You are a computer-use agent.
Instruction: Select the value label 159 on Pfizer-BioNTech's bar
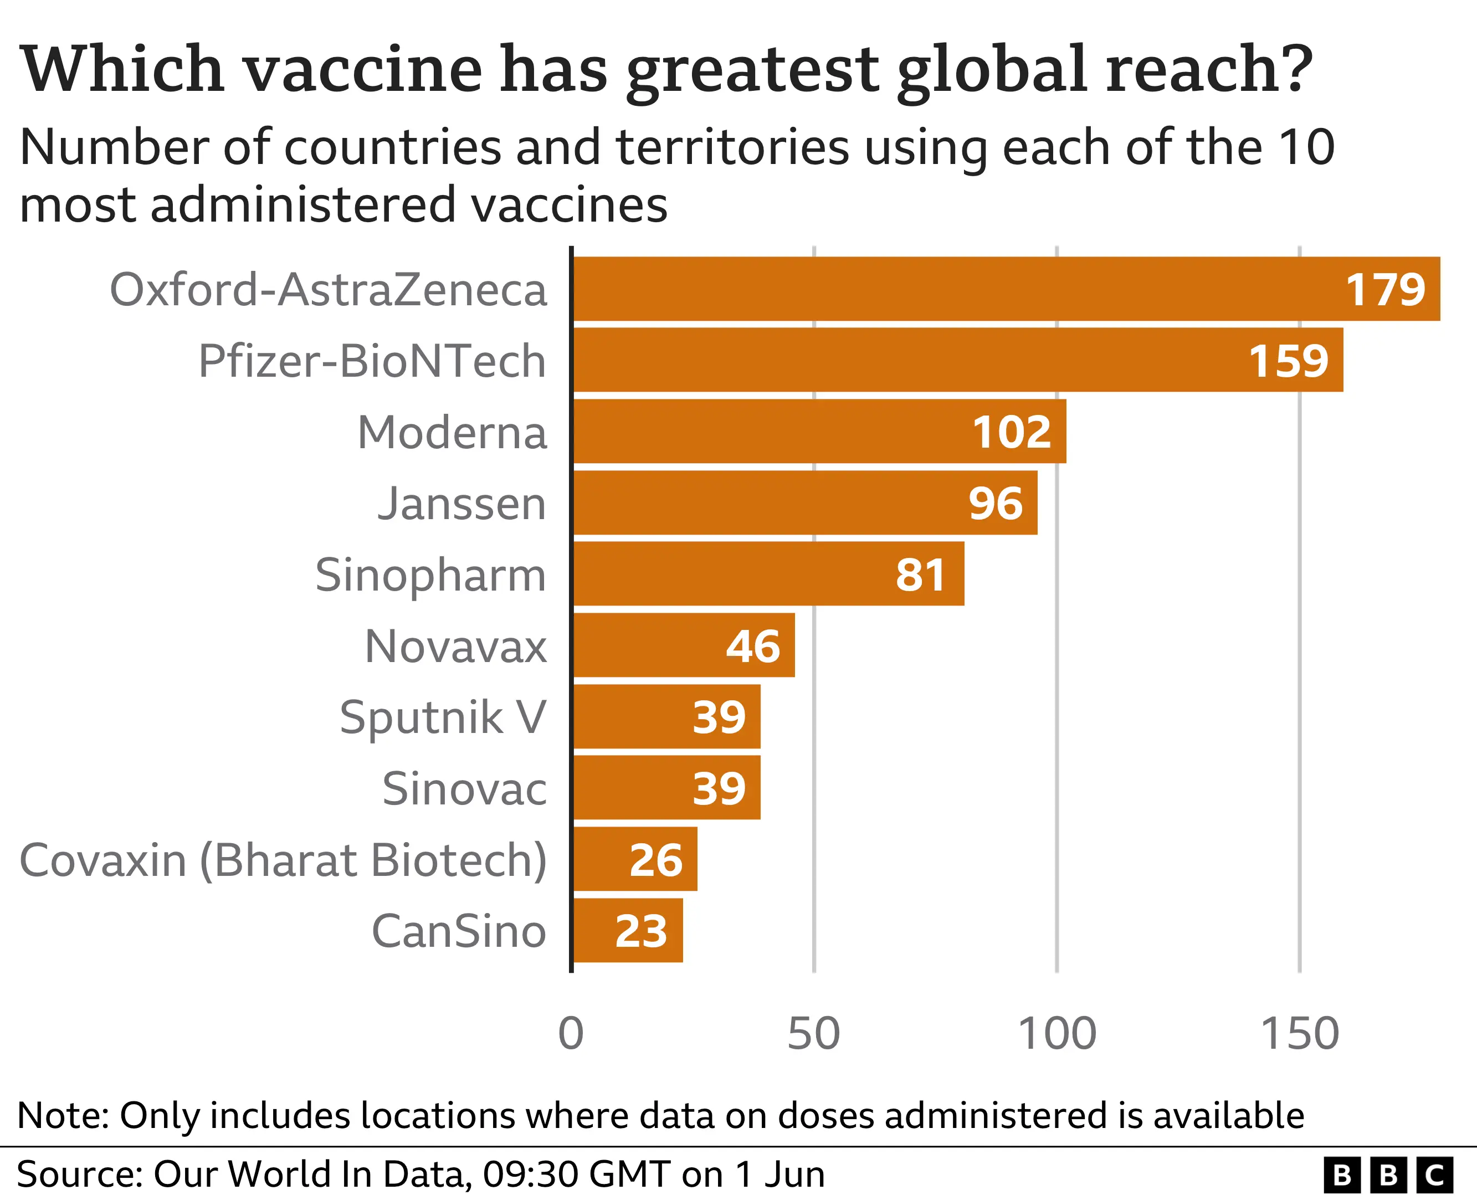pos(1288,361)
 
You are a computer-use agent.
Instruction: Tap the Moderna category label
pos(452,433)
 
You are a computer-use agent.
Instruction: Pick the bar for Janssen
pos(805,503)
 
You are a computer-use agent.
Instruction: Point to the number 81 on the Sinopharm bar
pos(921,575)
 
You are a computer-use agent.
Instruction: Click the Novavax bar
pos(684,645)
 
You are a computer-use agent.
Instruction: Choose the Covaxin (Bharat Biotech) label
pos(283,860)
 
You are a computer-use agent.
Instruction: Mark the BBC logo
pos(1388,1174)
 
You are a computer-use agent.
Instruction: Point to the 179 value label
pos(1385,290)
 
